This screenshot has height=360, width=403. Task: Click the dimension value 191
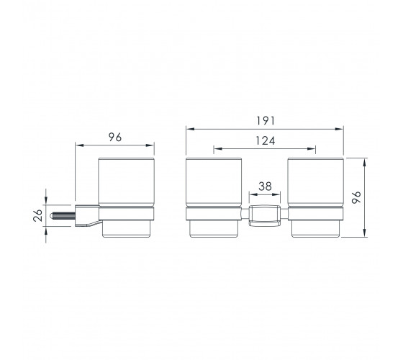[x=266, y=121]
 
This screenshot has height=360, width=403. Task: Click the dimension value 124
[x=266, y=140]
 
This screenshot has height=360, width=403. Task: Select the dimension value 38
[x=265, y=186]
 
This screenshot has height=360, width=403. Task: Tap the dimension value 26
[x=37, y=215]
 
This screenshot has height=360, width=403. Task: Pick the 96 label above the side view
[x=115, y=137]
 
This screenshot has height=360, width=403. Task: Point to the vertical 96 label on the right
[x=356, y=197]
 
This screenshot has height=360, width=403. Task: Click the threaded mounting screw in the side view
[x=62, y=215]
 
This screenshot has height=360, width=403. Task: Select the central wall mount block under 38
[x=265, y=215]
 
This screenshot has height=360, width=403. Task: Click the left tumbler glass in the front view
[x=214, y=182]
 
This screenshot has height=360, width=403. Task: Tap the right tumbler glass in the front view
[x=316, y=182]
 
